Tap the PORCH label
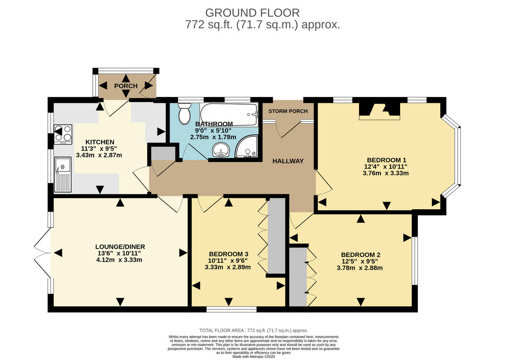(126, 86)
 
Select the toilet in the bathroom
(185, 115)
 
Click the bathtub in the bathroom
(229, 114)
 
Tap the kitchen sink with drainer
(63, 174)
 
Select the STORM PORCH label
(288, 111)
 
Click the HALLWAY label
(288, 161)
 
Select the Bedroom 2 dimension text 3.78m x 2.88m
(360, 268)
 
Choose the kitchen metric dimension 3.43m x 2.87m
(99, 155)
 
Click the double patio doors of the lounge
(42, 253)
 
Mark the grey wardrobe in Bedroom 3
(277, 236)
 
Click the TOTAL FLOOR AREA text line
(253, 330)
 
